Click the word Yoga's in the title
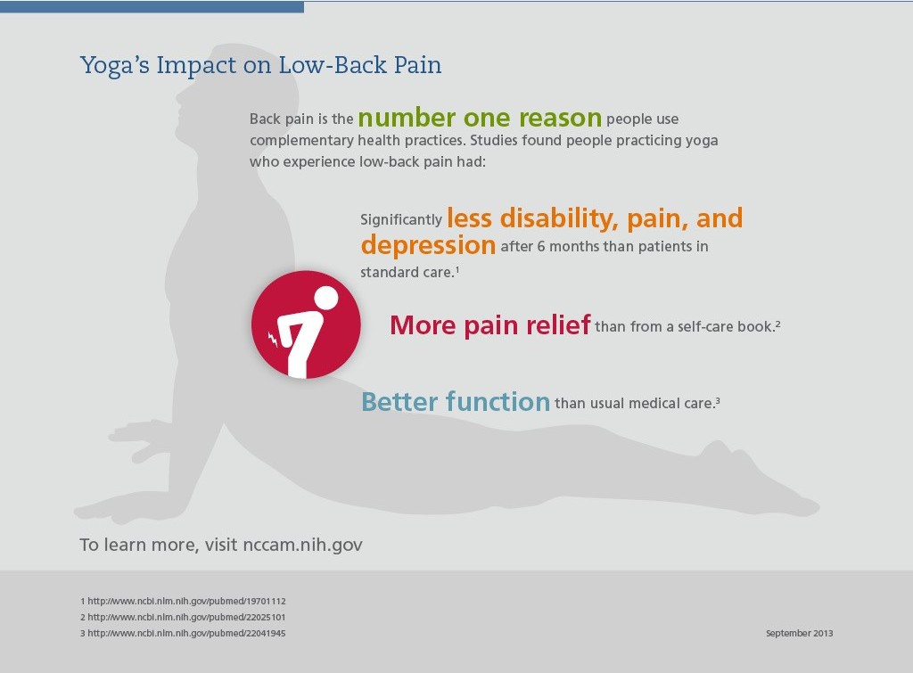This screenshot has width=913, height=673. click(x=115, y=66)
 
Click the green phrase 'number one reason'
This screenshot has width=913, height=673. click(x=480, y=118)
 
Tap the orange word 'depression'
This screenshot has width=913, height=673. click(x=428, y=245)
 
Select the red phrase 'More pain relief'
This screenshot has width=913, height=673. click(x=490, y=324)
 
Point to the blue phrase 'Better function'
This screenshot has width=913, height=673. click(x=456, y=402)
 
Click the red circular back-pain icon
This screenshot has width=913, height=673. click(x=306, y=324)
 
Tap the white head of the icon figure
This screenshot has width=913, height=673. click(x=325, y=298)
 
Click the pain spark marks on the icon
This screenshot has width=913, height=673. click(x=273, y=340)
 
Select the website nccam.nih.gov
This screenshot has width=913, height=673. click(x=302, y=545)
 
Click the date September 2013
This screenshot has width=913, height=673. click(x=799, y=634)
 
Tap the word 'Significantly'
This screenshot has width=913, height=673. click(x=401, y=219)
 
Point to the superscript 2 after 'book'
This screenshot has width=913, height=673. click(x=777, y=323)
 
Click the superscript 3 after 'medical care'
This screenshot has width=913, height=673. click(x=718, y=400)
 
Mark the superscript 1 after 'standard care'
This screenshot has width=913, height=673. click(x=457, y=269)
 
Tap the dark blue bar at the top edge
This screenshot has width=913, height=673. click(x=152, y=6)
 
